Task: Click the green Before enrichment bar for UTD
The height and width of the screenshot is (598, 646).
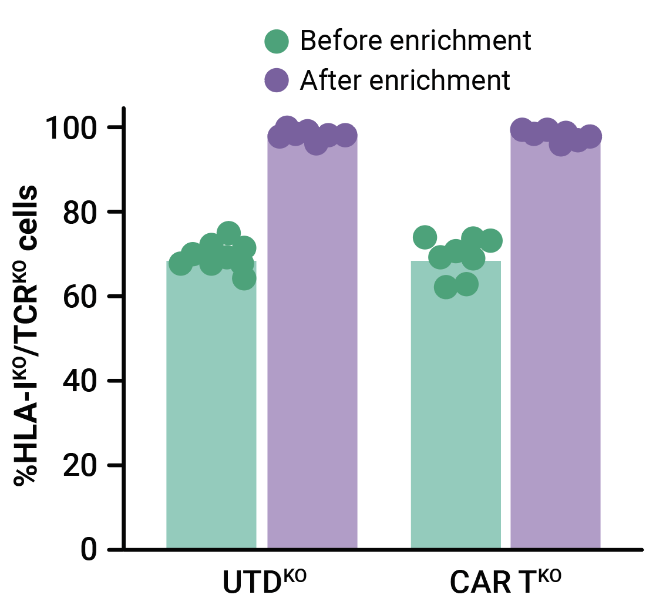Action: point(211,411)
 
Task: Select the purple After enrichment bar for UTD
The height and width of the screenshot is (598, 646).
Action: point(312,352)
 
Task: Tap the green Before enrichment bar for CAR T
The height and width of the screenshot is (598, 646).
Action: point(456,411)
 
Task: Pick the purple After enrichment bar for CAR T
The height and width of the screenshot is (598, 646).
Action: point(556,352)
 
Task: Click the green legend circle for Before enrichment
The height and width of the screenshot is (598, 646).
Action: point(277,42)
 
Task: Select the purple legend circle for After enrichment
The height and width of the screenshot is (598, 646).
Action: point(277,79)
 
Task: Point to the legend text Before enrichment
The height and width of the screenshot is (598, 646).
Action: point(415,41)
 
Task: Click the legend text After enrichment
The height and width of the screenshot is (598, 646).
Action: point(405,79)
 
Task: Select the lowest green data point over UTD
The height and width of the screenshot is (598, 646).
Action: point(244,278)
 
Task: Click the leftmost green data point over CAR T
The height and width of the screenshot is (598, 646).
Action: point(425,237)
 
